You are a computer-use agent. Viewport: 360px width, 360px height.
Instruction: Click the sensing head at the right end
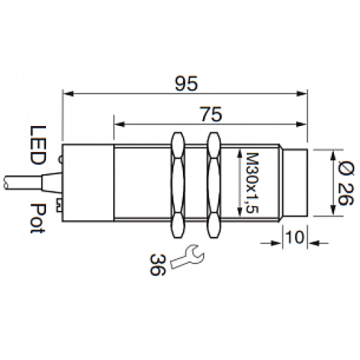(x=296, y=183)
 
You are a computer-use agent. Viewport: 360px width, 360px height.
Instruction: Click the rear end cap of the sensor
(x=88, y=183)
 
